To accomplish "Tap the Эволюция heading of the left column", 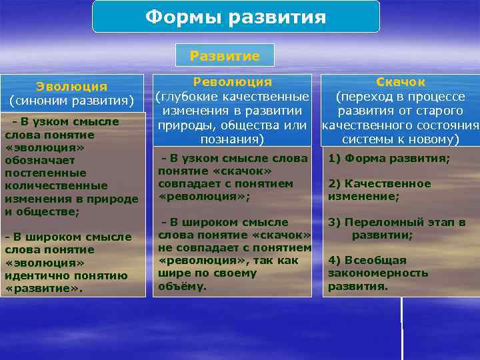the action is [71, 86].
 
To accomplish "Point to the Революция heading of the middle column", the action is [232, 81].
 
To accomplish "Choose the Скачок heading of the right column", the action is [400, 81].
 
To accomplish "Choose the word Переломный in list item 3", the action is [405, 222].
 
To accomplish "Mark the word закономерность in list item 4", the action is [377, 273].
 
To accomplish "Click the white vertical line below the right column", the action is [402, 327].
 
